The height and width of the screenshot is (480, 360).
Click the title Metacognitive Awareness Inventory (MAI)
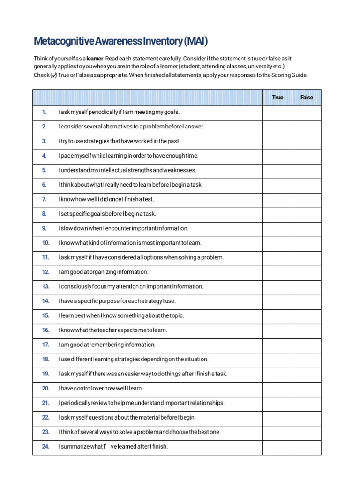tap(120, 41)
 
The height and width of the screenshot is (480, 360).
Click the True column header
tap(277, 97)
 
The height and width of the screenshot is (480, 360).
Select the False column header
tap(307, 97)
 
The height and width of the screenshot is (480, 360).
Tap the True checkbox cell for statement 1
tap(277, 112)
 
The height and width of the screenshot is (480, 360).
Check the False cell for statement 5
tap(307, 170)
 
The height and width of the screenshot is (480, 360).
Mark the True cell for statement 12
tap(277, 272)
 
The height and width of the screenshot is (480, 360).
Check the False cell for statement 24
tap(307, 446)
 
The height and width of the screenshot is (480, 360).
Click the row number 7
tap(45, 199)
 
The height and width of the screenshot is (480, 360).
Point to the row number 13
tap(45, 286)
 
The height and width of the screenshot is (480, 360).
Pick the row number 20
tap(45, 388)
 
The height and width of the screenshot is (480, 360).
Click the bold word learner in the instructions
tap(94, 59)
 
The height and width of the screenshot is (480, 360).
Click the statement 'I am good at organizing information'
tap(104, 272)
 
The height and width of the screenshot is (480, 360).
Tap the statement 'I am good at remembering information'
tap(107, 345)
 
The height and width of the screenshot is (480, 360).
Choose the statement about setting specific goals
tap(107, 214)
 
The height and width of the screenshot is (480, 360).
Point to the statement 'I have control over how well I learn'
tap(101, 388)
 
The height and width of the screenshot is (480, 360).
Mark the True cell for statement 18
tap(277, 359)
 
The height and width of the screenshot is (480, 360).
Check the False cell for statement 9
tap(307, 228)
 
